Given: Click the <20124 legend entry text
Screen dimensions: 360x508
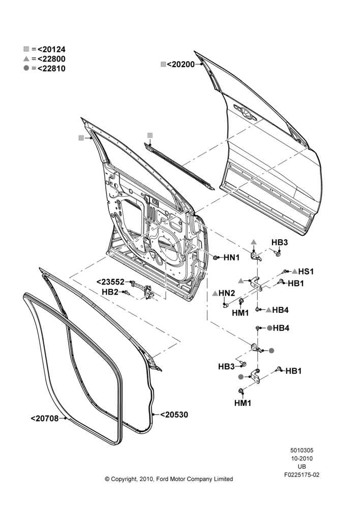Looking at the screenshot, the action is (x=51, y=50).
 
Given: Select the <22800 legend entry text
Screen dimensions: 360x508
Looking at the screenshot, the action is (x=51, y=59).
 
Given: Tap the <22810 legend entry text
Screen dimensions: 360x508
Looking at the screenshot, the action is (x=51, y=69).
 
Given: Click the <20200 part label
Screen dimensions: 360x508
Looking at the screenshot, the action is (x=181, y=65).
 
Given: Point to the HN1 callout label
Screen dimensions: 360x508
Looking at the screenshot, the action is (x=231, y=258).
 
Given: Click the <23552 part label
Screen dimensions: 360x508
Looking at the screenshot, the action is (x=111, y=282).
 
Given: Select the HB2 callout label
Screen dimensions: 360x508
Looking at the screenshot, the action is (x=110, y=292).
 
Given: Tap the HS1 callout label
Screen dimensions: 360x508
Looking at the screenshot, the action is (x=306, y=271).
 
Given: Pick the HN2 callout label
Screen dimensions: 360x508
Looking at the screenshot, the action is (x=227, y=293).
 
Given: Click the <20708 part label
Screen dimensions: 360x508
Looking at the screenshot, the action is (x=45, y=419).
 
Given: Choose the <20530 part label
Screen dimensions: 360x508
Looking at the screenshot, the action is (x=174, y=415).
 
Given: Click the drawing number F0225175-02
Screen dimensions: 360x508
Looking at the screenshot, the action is (x=302, y=475).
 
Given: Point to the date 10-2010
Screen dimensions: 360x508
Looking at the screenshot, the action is (x=302, y=458).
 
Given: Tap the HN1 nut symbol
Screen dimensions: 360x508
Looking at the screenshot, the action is (x=216, y=258).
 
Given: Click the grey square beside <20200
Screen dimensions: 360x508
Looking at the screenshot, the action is (x=163, y=65).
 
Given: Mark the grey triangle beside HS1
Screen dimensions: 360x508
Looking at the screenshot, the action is (x=294, y=271).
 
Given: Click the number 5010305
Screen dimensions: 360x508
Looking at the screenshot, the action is (x=302, y=450).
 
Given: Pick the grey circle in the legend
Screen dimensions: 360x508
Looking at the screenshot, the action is (x=26, y=69).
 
